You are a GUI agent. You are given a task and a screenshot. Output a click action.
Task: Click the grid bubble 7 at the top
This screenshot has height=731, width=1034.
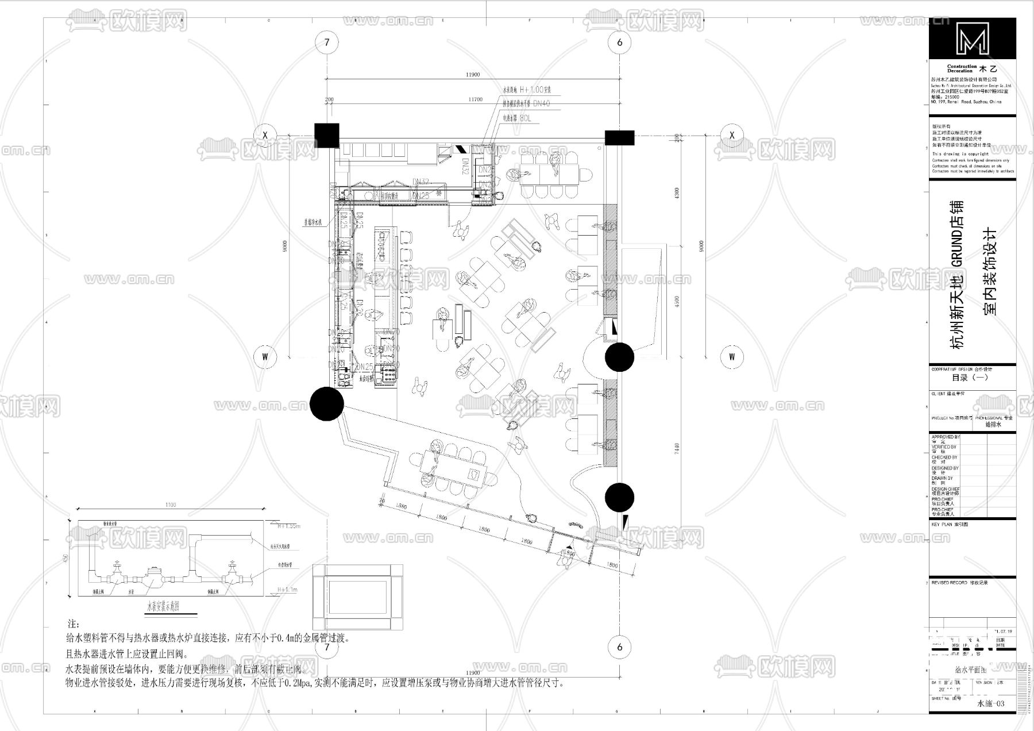coord(327,42)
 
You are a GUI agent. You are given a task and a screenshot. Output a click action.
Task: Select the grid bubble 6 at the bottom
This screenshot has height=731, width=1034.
coord(619,647)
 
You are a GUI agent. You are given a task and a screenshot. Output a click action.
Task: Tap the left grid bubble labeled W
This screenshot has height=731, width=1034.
coord(265,356)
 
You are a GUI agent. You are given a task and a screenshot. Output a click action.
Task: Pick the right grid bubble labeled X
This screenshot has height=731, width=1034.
coord(732,135)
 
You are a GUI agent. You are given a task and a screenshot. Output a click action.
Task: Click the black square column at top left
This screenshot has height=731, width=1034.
coord(327,136)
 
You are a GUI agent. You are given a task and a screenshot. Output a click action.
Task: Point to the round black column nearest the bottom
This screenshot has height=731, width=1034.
coord(619,497)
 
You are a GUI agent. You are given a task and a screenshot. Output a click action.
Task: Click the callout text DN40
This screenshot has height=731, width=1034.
coord(541,103)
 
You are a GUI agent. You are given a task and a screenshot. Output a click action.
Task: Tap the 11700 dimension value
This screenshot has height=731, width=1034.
coord(475,99)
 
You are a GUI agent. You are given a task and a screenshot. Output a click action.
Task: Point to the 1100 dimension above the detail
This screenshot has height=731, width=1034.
coord(171,505)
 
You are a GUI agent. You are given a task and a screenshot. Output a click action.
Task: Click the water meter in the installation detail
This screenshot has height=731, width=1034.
coord(154,573)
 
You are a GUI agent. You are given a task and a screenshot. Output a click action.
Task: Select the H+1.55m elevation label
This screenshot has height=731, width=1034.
coord(289,526)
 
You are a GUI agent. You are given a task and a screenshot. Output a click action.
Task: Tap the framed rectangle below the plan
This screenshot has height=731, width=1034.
coord(357,598)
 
